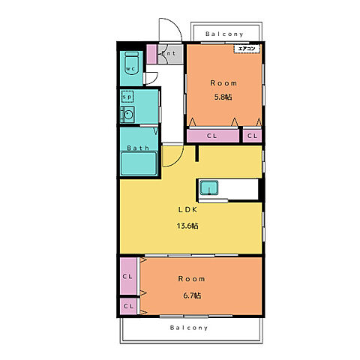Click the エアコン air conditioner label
247,49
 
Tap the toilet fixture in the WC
131,63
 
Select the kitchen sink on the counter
209,187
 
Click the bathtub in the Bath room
139,163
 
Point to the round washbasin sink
128,115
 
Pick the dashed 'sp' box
127,97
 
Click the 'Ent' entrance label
169,53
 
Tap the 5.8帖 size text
223,97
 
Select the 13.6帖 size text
187,226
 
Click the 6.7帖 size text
192,295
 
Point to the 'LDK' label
187,210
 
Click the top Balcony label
224,34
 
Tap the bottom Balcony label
189,328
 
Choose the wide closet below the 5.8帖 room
213,136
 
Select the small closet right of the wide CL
252,136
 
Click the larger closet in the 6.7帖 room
128,276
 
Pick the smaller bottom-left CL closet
128,306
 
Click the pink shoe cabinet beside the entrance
151,54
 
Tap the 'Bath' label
138,148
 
